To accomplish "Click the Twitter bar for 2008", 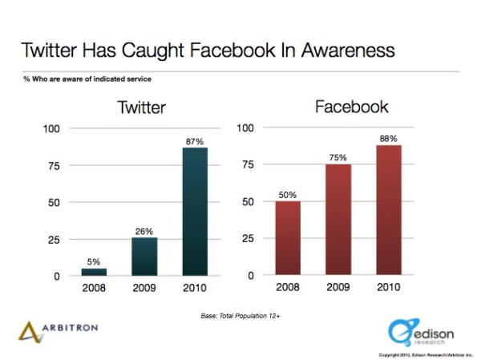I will pyautogui.click(x=94, y=272).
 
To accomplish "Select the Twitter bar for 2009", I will pyautogui.click(x=144, y=257).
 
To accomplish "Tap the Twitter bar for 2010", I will pyautogui.click(x=194, y=212).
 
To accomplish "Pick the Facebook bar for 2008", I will pyautogui.click(x=287, y=238).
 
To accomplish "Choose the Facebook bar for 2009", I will pyautogui.click(x=338, y=220).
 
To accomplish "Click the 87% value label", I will pyautogui.click(x=194, y=141).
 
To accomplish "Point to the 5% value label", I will pyautogui.click(x=94, y=262).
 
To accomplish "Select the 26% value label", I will pyautogui.click(x=144, y=231).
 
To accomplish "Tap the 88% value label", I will pyautogui.click(x=388, y=139).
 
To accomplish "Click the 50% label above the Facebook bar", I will pyautogui.click(x=287, y=195).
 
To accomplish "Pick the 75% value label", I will pyautogui.click(x=338, y=158).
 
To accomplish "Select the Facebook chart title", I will pyautogui.click(x=353, y=107).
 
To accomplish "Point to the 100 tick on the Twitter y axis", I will pyautogui.click(x=51, y=128).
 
